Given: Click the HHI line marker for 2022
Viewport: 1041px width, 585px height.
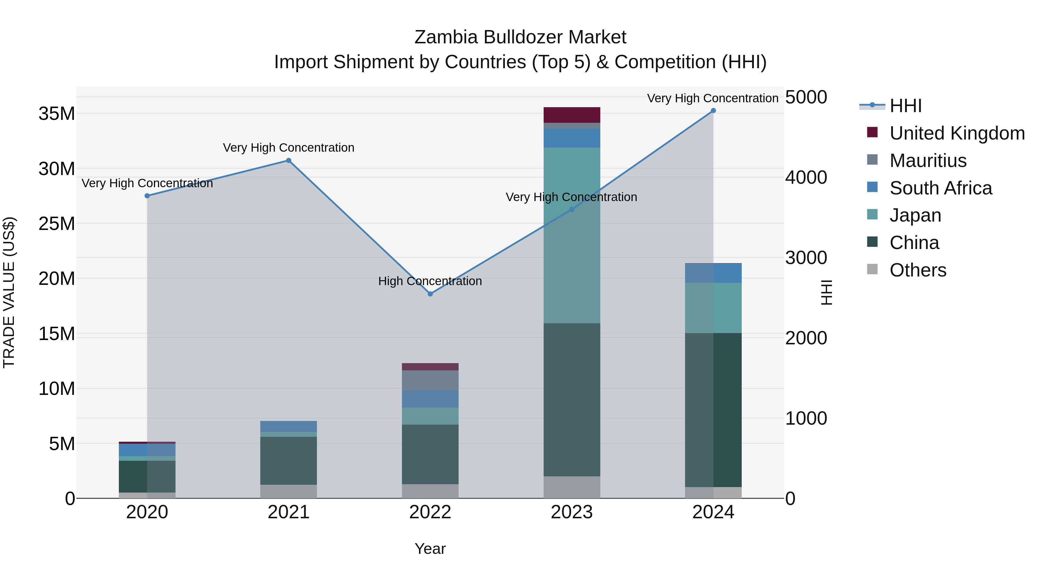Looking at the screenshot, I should click(x=430, y=294).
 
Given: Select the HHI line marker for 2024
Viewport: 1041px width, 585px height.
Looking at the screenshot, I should click(x=713, y=111).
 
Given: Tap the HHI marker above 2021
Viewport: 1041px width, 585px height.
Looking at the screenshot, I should click(x=289, y=160).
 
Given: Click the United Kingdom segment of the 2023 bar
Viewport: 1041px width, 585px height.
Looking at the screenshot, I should click(x=571, y=115).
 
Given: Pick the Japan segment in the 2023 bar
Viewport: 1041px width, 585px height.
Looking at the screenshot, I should click(x=571, y=235).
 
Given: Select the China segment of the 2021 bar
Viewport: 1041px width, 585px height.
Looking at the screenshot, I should click(x=289, y=461).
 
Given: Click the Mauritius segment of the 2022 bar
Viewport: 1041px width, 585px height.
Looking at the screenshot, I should click(x=430, y=380).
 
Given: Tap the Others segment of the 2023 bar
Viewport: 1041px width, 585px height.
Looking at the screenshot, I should click(x=571, y=487).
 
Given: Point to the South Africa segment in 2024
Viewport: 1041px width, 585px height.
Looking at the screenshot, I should click(x=713, y=273).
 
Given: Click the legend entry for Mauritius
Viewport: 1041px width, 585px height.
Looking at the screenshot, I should click(x=928, y=161).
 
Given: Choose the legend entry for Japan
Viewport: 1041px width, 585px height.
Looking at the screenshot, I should click(x=915, y=215).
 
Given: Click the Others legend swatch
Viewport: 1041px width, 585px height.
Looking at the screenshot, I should click(x=872, y=269).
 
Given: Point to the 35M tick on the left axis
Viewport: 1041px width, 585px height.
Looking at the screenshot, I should click(x=57, y=114).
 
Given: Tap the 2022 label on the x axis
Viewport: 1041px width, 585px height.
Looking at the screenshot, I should click(x=430, y=512).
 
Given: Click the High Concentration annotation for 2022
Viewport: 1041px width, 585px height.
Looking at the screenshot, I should click(x=430, y=281).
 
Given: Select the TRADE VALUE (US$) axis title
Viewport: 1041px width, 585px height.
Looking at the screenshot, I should click(x=9, y=292).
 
